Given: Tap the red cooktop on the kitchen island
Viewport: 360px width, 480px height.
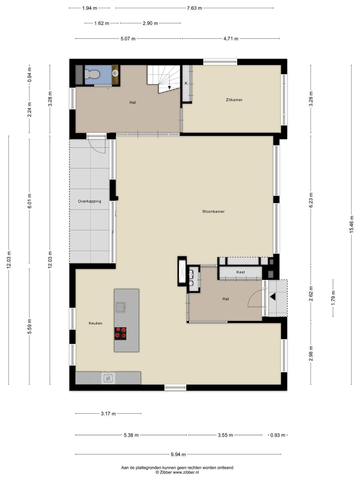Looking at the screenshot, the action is (120, 334).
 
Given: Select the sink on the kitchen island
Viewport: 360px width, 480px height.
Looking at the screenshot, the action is (120, 307).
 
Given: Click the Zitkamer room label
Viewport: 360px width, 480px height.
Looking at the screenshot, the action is (234, 100).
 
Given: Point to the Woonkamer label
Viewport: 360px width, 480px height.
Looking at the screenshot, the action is (213, 211).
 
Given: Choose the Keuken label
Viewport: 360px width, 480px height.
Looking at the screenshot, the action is (95, 323).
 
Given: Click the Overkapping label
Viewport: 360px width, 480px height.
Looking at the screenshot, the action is (90, 201).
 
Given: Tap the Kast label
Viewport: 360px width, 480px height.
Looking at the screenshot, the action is (240, 272).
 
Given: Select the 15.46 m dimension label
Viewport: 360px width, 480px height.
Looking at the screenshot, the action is (352, 224).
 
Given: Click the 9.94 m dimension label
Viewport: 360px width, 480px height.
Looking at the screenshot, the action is (178, 454).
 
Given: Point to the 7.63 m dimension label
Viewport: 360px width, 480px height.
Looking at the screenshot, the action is (194, 8).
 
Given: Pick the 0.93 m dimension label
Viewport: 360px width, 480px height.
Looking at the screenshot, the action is (277, 435).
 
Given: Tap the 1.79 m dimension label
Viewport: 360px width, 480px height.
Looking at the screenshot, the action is (333, 298).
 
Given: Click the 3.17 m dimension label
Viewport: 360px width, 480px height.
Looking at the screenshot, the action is (108, 414).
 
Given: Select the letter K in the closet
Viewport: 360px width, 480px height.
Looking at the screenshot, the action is (186, 83).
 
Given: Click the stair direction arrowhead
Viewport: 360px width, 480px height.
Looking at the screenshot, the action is (169, 88).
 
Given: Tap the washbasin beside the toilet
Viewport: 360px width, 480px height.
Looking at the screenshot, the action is (115, 73).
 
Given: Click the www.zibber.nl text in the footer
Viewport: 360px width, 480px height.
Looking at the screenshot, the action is (186, 472).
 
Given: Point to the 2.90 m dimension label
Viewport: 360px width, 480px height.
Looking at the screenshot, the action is (150, 23).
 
